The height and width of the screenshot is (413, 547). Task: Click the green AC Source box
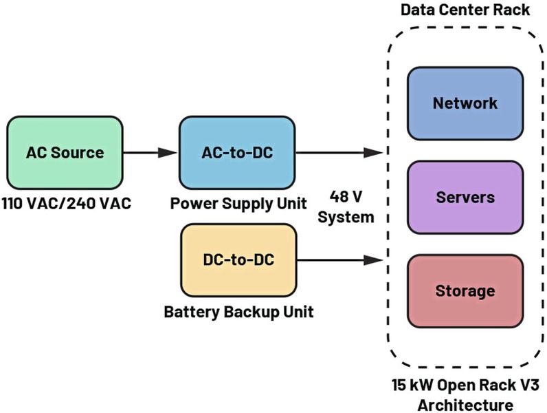[65, 152]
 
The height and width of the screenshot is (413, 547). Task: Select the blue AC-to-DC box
[238, 152]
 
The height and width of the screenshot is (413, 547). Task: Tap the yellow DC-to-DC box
[238, 260]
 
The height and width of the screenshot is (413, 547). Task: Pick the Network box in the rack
[465, 103]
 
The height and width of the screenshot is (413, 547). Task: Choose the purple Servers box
[465, 197]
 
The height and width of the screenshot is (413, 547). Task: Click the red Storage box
[465, 290]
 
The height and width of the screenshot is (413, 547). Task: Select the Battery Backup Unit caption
[238, 312]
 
